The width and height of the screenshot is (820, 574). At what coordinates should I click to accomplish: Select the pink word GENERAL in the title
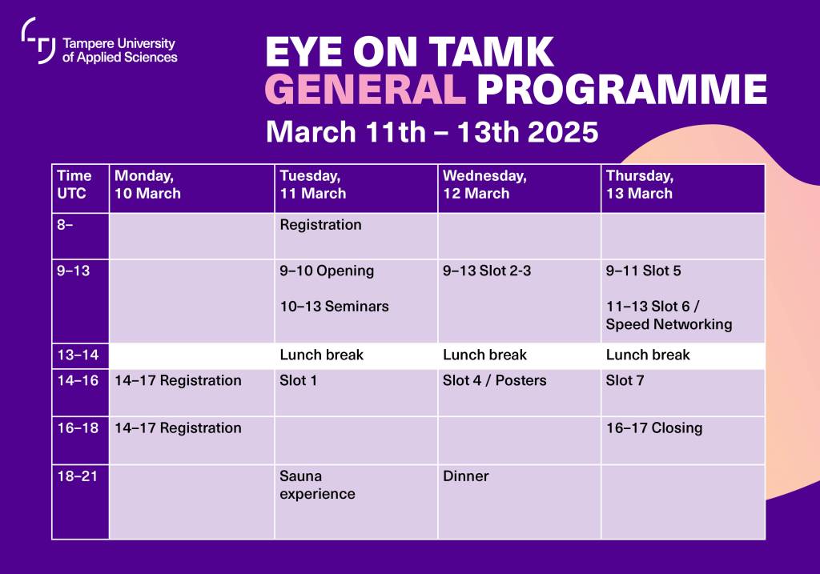(x=364, y=90)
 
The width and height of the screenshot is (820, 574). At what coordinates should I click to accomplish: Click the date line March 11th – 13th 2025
(x=432, y=131)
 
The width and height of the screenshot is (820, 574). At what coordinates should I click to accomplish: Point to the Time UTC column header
(x=74, y=184)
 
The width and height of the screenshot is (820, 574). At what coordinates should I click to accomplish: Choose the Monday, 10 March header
(x=147, y=184)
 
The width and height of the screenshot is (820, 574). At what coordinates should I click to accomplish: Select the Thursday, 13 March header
(x=639, y=184)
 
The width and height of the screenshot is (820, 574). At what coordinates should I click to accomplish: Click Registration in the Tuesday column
(x=320, y=225)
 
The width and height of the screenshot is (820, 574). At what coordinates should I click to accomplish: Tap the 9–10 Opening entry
(x=327, y=271)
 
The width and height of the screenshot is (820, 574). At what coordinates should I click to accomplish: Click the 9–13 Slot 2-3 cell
(x=487, y=271)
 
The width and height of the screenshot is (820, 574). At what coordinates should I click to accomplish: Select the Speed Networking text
(x=669, y=324)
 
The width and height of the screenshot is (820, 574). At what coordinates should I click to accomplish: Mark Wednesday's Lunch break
(x=484, y=355)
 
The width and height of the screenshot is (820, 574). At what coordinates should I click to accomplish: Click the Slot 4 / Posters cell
(x=494, y=380)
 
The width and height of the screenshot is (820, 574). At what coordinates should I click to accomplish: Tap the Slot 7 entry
(x=625, y=380)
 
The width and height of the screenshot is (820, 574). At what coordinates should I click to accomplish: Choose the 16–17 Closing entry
(x=653, y=427)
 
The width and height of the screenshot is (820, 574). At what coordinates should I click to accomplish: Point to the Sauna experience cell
(x=317, y=485)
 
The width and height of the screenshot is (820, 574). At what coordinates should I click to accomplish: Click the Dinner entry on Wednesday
(x=465, y=476)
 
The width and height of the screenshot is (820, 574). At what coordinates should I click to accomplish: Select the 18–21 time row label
(x=77, y=476)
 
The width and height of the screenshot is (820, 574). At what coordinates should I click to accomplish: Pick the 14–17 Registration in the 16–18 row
(x=178, y=427)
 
